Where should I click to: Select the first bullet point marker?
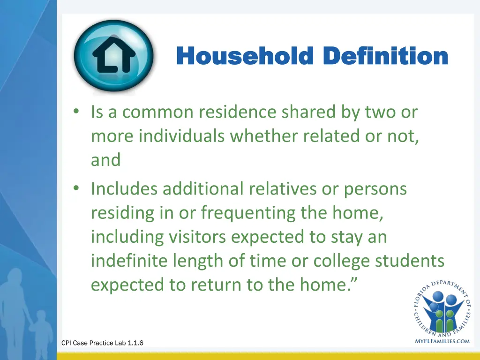click(76, 112)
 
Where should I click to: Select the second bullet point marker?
click(76, 189)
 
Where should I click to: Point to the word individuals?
click(181, 136)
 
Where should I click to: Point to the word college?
click(336, 261)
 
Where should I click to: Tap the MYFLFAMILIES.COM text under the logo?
click(442, 341)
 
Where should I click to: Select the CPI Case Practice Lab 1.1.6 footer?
click(102, 343)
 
